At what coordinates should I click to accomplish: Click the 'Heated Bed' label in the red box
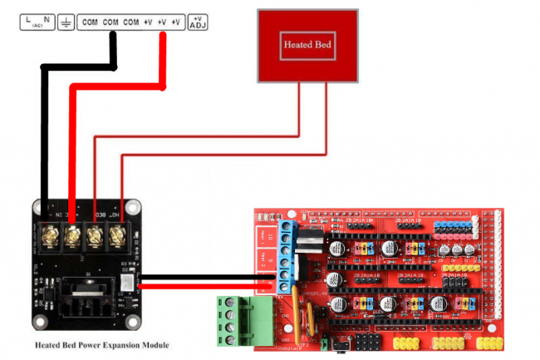[308, 44]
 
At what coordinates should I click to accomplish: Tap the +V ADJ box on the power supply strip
[199, 22]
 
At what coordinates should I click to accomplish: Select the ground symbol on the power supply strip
[66, 22]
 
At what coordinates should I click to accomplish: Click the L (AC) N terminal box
[37, 22]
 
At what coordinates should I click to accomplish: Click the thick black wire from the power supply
[46, 133]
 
